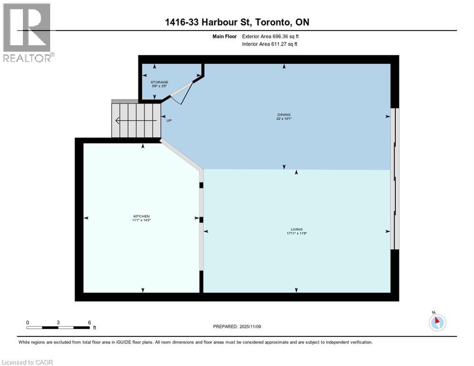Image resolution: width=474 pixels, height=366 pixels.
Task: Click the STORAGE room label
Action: pyautogui.click(x=159, y=82)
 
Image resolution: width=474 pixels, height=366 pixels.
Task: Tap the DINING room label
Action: pyautogui.click(x=284, y=115)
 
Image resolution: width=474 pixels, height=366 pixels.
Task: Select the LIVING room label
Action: pyautogui.click(x=297, y=229)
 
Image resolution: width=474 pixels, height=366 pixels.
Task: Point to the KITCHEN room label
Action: pyautogui.click(x=142, y=216)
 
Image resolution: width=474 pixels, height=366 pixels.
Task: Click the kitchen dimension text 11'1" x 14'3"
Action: pyautogui.click(x=142, y=220)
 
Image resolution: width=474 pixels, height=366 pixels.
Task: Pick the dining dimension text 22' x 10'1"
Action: pyautogui.click(x=284, y=119)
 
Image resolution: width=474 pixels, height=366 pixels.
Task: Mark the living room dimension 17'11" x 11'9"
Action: pyautogui.click(x=297, y=234)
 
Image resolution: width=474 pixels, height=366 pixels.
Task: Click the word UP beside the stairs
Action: pyautogui.click(x=169, y=121)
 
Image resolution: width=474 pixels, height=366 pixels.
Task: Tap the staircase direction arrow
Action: pyautogui.click(x=136, y=121)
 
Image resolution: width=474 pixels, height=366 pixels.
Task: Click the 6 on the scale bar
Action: pyautogui.click(x=89, y=323)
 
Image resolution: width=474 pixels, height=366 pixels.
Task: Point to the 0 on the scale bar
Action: pyautogui.click(x=28, y=323)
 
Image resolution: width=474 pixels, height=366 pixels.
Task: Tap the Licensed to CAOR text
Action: pyautogui.click(x=28, y=362)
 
